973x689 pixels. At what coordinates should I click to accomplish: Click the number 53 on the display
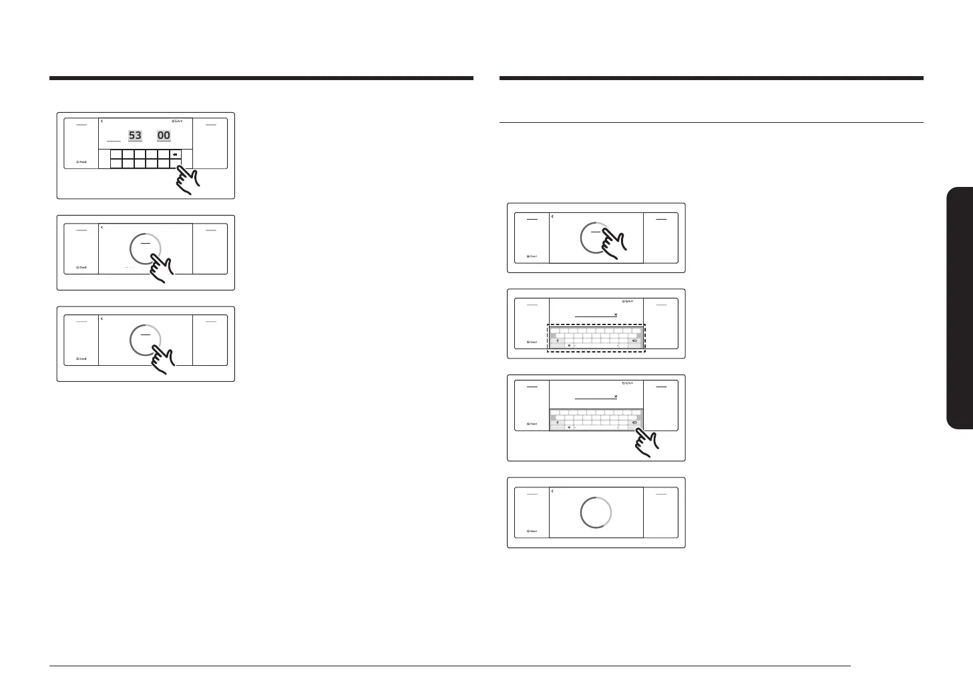(x=135, y=136)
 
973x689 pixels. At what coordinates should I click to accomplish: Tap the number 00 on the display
(x=164, y=136)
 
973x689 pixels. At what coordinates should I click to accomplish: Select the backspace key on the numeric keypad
(x=174, y=154)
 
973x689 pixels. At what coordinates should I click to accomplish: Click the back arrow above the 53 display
(x=102, y=122)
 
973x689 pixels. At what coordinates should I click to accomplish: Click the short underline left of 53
(x=114, y=141)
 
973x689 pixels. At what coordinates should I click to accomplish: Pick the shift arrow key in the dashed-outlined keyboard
(x=558, y=340)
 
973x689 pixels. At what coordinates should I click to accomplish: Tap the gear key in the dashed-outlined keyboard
(x=569, y=345)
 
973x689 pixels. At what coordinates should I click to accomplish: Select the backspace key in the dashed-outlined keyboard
(x=634, y=340)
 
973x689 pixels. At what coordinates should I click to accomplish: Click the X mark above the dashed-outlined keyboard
(x=616, y=314)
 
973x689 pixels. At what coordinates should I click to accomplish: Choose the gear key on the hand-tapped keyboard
(x=569, y=427)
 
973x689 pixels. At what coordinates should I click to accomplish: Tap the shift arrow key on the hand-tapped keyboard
(x=558, y=423)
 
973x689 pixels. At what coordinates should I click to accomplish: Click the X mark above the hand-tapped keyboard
(x=616, y=397)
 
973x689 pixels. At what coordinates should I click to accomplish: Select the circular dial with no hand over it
(x=596, y=512)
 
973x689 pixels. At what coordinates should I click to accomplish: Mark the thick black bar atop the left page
(x=261, y=78)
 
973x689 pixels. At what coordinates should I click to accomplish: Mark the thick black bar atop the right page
(x=711, y=78)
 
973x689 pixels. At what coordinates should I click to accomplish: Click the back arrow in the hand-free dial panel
(x=552, y=491)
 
